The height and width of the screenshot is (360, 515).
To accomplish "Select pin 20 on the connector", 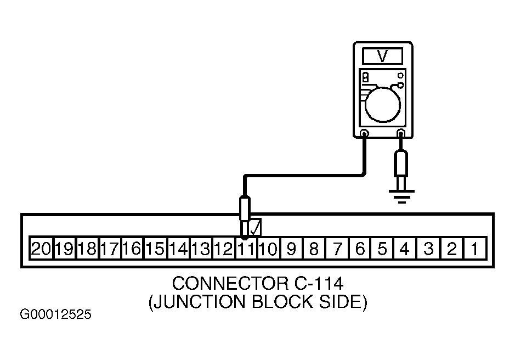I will (x=41, y=249).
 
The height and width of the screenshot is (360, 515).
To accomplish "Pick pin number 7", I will (x=337, y=249).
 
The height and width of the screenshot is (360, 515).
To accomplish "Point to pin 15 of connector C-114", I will (x=155, y=249).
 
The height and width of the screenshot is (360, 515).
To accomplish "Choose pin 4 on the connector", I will (x=405, y=249).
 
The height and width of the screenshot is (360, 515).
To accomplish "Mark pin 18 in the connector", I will (x=87, y=249).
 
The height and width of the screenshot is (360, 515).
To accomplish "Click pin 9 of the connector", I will (x=291, y=249).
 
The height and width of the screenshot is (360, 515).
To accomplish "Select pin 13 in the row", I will (x=201, y=249).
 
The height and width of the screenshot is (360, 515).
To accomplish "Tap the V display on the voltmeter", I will (x=382, y=56).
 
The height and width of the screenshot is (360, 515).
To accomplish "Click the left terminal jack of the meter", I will (x=364, y=133).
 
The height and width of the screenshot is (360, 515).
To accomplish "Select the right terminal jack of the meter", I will (x=401, y=133).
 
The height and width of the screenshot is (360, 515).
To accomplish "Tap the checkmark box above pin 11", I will (x=255, y=227).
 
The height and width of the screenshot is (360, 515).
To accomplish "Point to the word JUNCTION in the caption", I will (x=197, y=302).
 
